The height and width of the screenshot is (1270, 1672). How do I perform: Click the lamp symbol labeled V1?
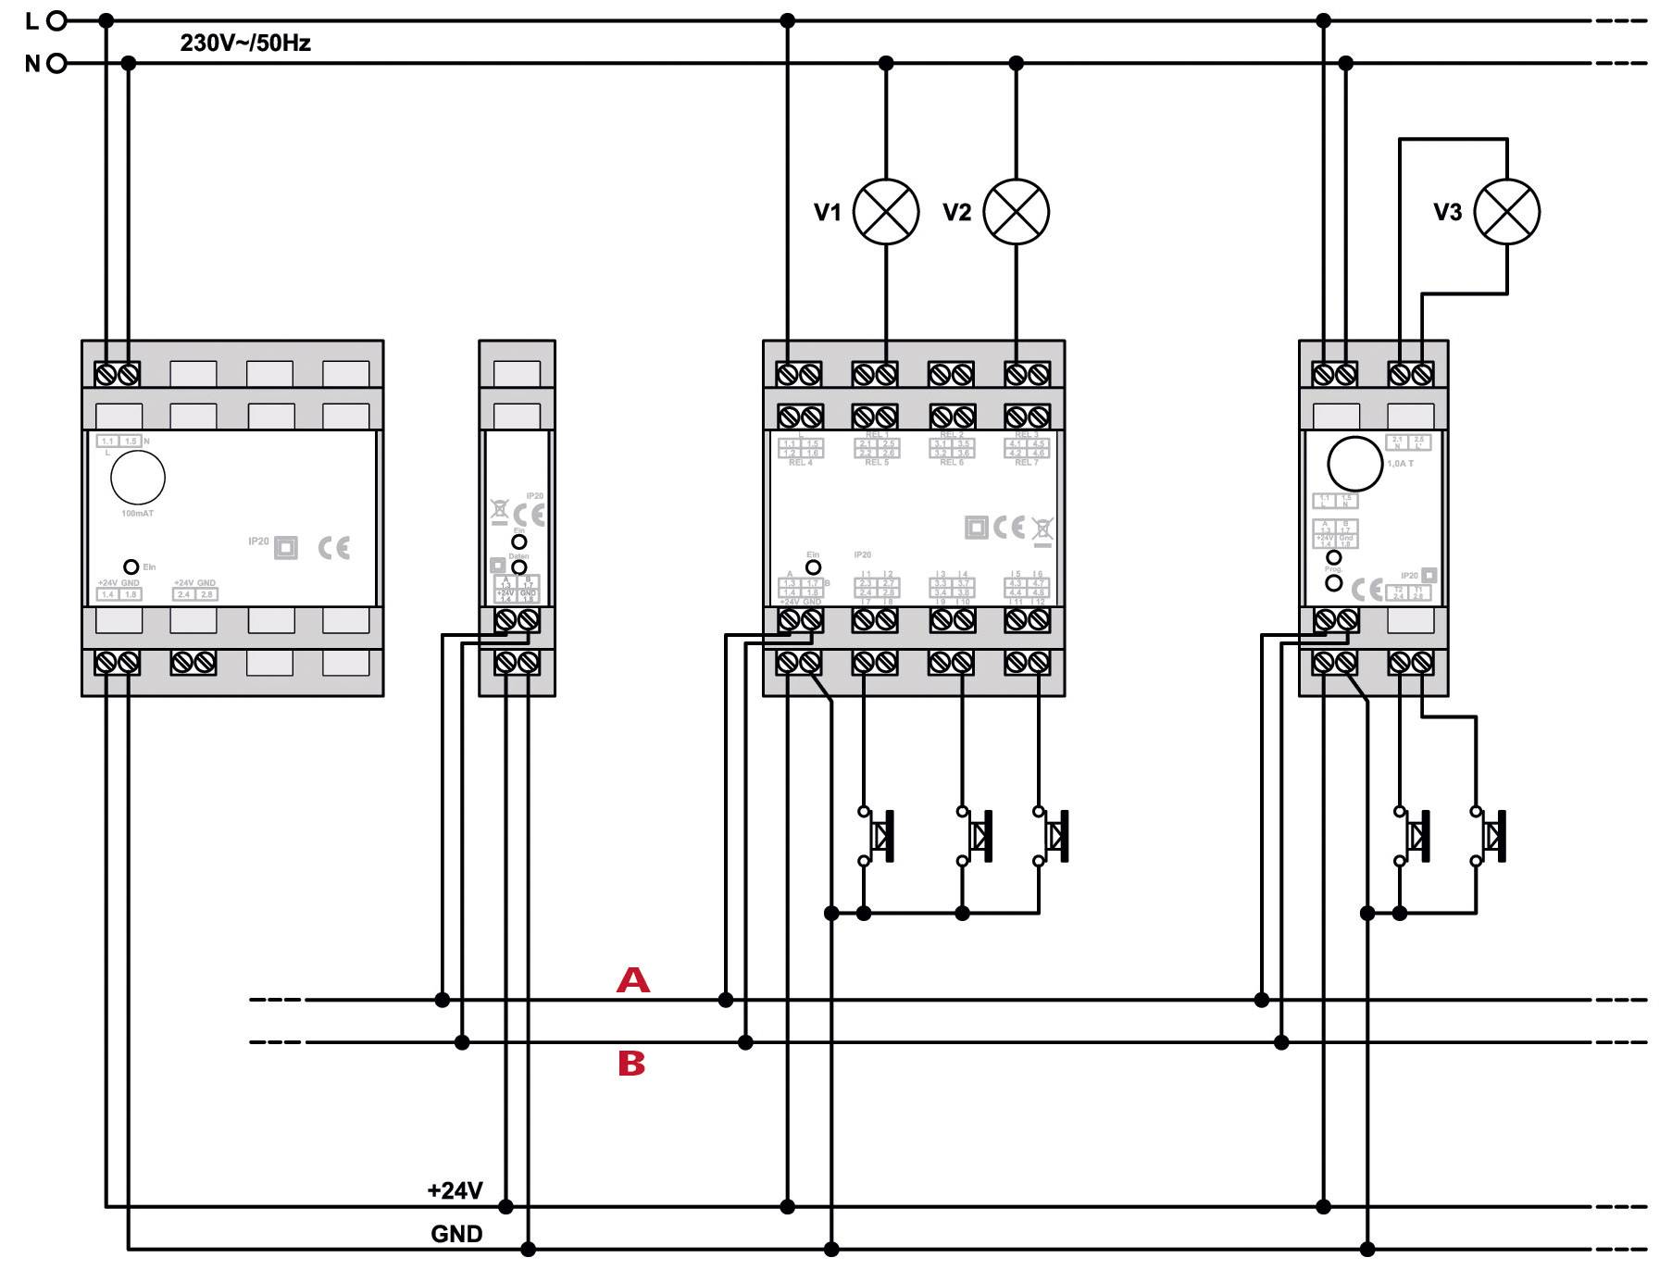[x=885, y=211]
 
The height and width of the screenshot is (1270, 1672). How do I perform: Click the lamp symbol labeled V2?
[x=1016, y=211]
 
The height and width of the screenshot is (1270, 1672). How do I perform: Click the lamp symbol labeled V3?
[x=1506, y=211]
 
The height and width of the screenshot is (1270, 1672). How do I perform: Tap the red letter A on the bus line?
[x=633, y=980]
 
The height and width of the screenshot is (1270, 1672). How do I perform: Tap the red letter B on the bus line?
[x=631, y=1064]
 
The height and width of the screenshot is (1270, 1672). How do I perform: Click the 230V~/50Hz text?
[x=245, y=43]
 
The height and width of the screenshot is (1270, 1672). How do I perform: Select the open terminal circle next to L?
[x=56, y=19]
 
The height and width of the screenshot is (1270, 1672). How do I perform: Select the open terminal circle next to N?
[x=56, y=63]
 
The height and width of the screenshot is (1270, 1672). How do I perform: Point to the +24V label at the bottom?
[x=455, y=1190]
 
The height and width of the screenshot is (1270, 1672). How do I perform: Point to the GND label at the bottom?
[x=456, y=1234]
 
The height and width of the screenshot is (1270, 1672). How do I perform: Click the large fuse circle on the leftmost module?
[x=138, y=478]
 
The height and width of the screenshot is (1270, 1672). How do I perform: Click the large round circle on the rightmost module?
[x=1354, y=464]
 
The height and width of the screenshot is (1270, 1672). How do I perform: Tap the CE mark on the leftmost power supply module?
[x=334, y=547]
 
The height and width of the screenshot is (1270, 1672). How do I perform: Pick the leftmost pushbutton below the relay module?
[x=878, y=836]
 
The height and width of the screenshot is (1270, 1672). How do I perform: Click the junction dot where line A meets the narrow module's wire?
[x=443, y=1000]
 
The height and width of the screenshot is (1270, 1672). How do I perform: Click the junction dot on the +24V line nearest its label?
[x=505, y=1206]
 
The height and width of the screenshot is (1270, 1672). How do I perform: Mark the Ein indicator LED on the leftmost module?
[x=131, y=567]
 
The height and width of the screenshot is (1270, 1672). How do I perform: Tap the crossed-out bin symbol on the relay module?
[x=1042, y=529]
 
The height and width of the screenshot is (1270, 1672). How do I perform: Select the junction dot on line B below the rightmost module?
[x=1281, y=1042]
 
